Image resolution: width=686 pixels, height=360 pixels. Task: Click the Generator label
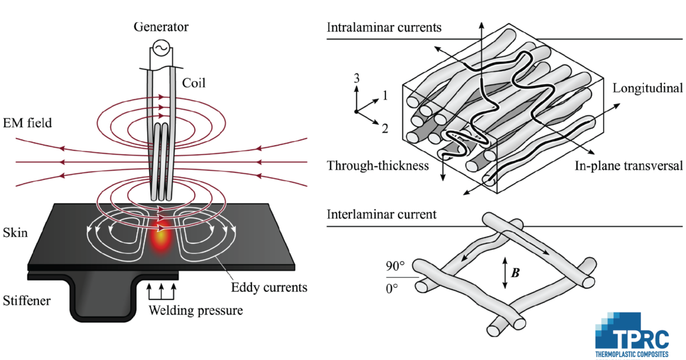tap(161, 27)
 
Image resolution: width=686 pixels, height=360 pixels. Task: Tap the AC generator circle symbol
tap(161, 48)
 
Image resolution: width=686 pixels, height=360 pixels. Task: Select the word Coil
tap(194, 83)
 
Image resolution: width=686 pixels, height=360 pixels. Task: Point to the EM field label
tap(27, 123)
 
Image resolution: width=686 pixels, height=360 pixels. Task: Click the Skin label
tap(15, 233)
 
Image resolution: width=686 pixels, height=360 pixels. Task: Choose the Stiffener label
tap(27, 301)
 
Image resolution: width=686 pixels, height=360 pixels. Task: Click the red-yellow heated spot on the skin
tap(161, 239)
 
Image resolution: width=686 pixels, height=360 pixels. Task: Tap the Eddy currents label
tap(269, 287)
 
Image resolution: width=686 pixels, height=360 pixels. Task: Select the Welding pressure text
tap(196, 311)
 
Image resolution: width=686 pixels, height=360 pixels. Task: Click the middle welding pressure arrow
tap(161, 291)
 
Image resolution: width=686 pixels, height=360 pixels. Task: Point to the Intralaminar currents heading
tap(384, 27)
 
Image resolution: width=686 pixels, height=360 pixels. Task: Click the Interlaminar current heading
tap(382, 214)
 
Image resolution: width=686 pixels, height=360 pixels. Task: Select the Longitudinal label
tap(647, 88)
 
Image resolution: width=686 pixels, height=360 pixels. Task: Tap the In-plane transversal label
tap(628, 166)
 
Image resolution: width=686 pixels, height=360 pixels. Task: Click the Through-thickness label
tap(378, 166)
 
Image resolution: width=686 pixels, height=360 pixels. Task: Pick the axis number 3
tap(357, 78)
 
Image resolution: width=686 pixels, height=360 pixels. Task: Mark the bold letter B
tap(516, 273)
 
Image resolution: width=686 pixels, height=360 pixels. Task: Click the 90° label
tap(395, 266)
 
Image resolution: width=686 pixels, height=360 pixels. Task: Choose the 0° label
tap(392, 289)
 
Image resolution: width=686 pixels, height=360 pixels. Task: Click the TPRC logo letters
tap(642, 339)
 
